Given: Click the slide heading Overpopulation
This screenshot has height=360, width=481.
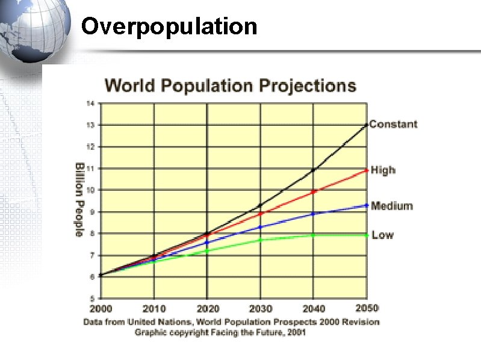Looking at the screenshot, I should (x=169, y=26).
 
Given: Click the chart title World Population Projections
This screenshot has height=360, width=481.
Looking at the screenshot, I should (x=231, y=85).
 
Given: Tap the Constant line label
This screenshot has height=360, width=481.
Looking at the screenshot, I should (x=393, y=125).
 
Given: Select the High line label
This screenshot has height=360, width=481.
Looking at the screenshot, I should (x=383, y=170).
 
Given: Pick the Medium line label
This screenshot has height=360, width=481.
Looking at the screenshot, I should (x=392, y=206).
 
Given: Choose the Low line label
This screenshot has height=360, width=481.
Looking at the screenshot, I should (x=382, y=235).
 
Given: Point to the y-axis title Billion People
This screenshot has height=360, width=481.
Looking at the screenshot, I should (x=79, y=199).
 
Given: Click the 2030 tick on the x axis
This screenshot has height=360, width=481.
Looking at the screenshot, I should (x=261, y=309).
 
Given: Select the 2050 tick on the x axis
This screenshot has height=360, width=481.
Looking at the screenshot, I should (x=367, y=308).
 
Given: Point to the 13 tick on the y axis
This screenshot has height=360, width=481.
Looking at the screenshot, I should (x=90, y=125).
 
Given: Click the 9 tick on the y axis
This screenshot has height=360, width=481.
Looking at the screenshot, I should (x=92, y=212).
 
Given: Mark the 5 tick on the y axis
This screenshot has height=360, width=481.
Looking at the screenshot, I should (x=92, y=299).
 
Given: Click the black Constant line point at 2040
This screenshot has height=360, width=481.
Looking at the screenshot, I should (x=313, y=170).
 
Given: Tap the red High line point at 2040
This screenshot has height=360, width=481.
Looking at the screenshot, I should (x=313, y=192).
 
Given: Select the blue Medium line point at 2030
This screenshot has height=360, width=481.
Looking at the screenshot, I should (x=260, y=227).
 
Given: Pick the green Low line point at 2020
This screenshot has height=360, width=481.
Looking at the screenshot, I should (x=207, y=250).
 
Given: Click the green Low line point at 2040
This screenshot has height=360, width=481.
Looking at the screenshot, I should (x=313, y=235).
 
